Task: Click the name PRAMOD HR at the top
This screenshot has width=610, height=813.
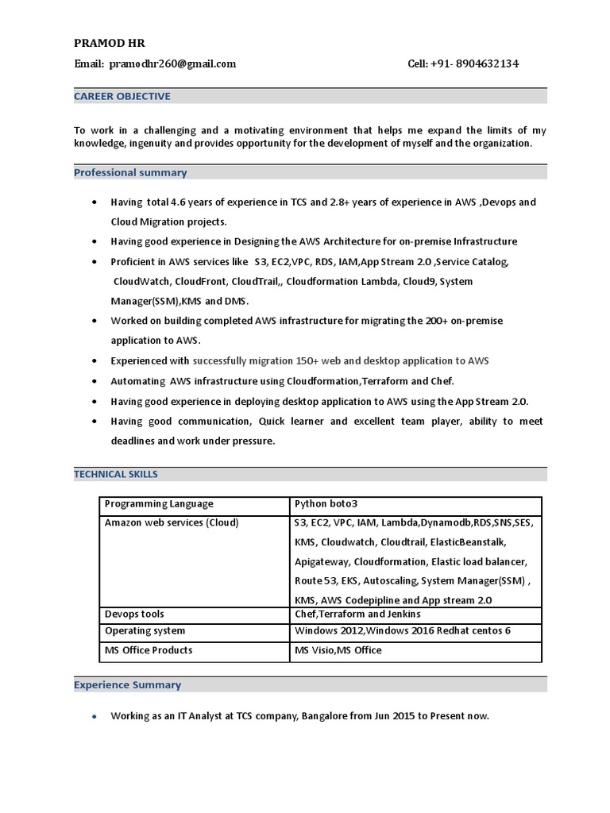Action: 110,43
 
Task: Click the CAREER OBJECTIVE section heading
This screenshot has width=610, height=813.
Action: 122,96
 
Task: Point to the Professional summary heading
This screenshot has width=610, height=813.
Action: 130,172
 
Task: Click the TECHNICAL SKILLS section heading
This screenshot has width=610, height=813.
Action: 116,474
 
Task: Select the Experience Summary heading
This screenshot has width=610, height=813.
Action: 127,684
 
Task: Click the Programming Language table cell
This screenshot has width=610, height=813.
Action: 159,504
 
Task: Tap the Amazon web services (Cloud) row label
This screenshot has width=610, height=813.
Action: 172,522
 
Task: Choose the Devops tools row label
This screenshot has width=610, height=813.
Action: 134,614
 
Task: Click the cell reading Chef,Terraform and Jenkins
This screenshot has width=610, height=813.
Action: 357,614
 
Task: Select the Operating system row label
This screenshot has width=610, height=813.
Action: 145,630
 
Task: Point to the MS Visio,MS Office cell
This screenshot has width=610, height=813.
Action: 338,649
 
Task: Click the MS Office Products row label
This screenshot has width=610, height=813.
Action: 149,649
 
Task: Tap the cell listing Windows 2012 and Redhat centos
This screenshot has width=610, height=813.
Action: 403,630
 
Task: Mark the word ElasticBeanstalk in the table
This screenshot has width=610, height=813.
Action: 468,542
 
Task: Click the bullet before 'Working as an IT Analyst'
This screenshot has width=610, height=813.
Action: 94,717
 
